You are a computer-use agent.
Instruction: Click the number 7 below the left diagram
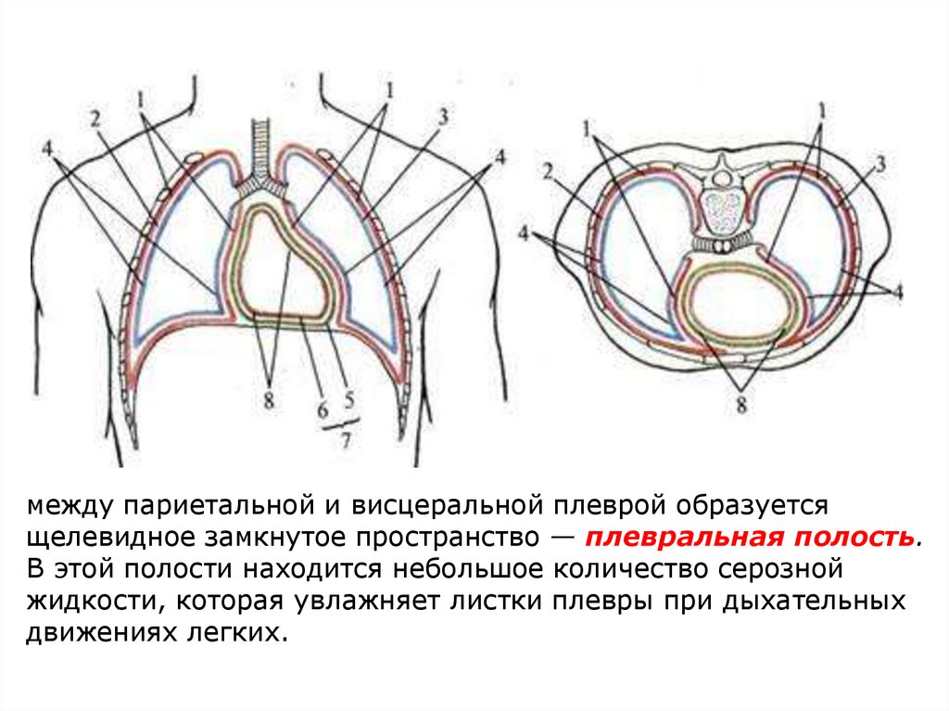tap(346, 440)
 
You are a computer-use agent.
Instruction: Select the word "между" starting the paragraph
tap(70, 506)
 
